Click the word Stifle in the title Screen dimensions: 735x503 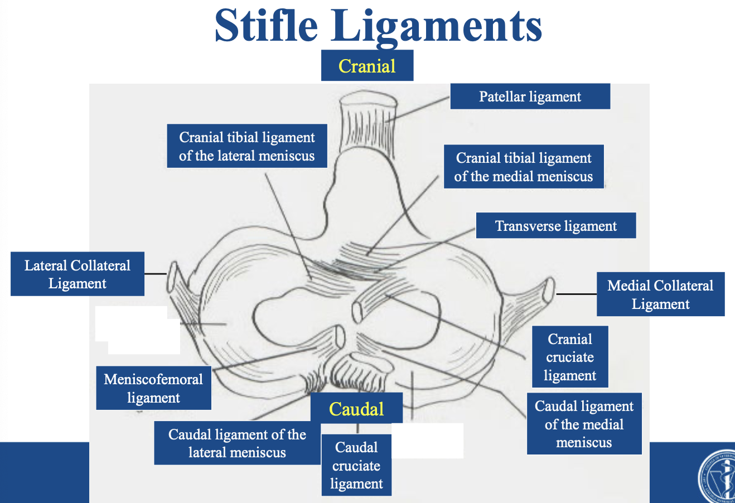coord(266,25)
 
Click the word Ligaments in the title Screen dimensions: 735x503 coord(436,28)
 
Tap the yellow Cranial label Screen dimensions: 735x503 coord(367,66)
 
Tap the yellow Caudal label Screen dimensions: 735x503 coord(356,408)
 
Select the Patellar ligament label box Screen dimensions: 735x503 coord(530,96)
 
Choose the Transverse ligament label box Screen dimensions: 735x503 coord(556,225)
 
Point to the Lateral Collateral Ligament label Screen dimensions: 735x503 coord(78,274)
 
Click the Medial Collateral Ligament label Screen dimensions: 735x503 coord(660,294)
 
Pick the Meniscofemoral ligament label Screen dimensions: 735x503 coord(153,388)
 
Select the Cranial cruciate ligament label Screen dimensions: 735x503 coord(570,357)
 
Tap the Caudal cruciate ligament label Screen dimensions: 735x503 coord(356,465)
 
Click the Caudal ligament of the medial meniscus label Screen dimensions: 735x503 coord(584,424)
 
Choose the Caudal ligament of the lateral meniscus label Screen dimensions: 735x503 coord(237,443)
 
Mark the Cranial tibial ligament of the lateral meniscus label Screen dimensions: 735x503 coord(247,146)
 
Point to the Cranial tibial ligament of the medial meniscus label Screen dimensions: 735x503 coord(524,167)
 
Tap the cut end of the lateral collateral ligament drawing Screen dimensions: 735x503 coord(172,277)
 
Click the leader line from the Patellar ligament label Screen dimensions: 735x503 coord(418,109)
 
